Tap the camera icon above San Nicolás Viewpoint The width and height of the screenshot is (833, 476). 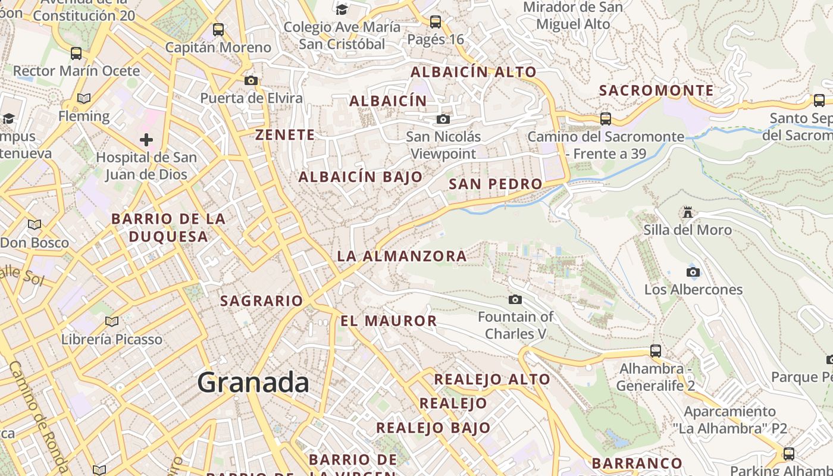pos(443,119)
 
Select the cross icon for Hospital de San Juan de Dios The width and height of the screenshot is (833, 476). pos(146,140)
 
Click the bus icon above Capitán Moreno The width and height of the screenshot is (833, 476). pos(218,29)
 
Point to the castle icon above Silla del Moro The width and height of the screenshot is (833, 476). pos(688,212)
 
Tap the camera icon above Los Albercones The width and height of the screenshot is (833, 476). pos(693,272)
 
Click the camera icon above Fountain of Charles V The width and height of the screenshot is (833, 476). pos(515,299)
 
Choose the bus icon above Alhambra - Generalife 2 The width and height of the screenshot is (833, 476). pos(655,350)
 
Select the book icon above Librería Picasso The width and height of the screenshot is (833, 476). pos(111,321)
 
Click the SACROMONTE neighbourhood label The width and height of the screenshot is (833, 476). pos(656,90)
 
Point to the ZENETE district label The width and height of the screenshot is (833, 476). pos(285,135)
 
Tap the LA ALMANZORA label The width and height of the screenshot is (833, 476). pos(402,256)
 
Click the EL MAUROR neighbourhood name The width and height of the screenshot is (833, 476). pos(389,321)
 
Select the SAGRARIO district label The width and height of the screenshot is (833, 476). pos(262,301)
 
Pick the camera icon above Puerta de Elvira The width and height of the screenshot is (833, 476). pos(251,80)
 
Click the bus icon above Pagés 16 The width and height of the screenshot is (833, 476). pos(436,22)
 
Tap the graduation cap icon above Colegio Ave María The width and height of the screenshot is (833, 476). pos(342,9)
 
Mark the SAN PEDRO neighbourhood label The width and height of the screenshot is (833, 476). pos(495,184)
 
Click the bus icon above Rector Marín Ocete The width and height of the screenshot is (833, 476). pos(76,53)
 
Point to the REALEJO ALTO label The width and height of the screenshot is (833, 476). pos(492,379)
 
